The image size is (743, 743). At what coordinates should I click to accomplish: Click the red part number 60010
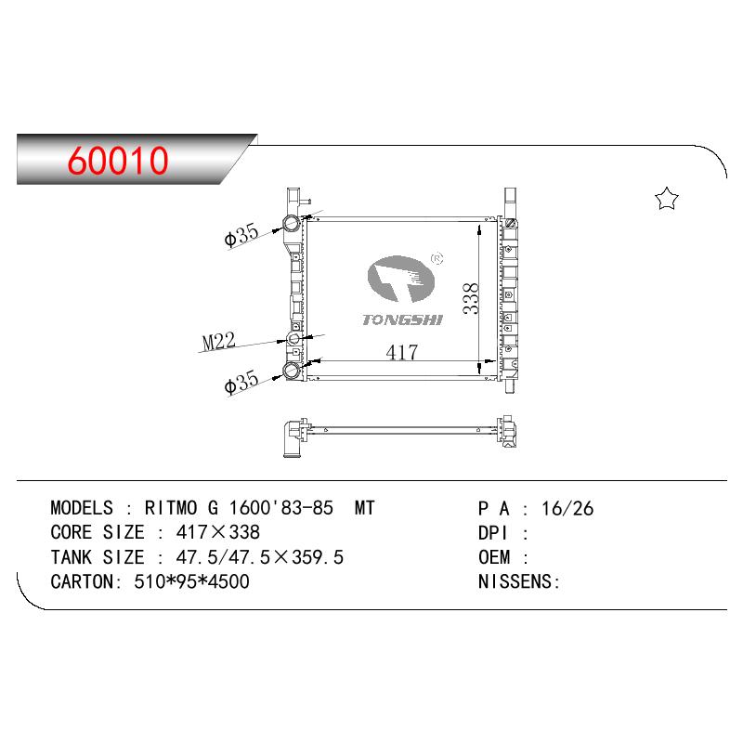coord(118,161)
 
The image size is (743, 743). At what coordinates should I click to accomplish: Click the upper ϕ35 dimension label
coord(241,234)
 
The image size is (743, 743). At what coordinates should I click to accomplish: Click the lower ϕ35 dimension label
coord(241,382)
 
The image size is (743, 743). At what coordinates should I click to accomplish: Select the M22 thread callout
coord(218,341)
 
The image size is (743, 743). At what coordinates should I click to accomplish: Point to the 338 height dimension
coord(471,298)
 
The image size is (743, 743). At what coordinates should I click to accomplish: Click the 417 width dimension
coord(402,353)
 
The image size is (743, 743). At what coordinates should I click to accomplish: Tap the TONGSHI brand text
coord(402,320)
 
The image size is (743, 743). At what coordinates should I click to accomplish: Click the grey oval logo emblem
coord(401,280)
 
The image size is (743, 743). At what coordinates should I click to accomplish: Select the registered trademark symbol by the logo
coord(437,258)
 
